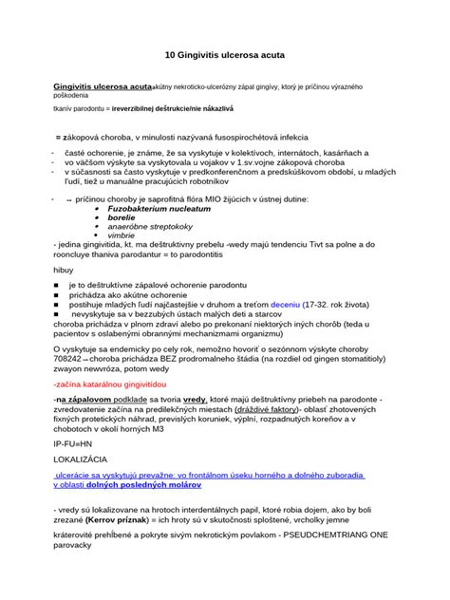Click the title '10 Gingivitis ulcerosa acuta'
coord(224,56)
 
